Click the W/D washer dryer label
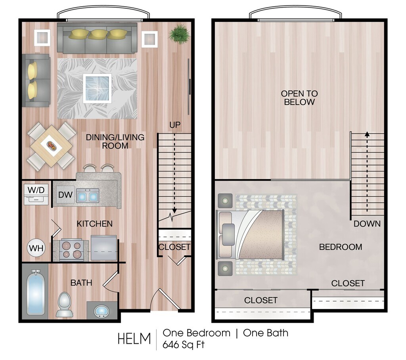pos(36,190)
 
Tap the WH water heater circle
pos(36,248)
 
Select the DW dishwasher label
pos(65,195)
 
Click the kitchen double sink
pos(88,196)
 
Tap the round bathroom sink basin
pos(101,311)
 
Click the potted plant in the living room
pos(178,34)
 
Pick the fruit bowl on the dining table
pos(51,146)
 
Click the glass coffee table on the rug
pos(98,88)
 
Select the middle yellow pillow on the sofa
pos(98,34)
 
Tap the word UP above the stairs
pos(175,125)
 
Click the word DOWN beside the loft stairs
pos(367,224)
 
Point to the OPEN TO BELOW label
pos(299,97)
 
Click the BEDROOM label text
pos(341,247)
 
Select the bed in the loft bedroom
pos(251,234)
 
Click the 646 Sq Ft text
pos(183,345)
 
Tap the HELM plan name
pos(134,339)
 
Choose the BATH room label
pos(81,283)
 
